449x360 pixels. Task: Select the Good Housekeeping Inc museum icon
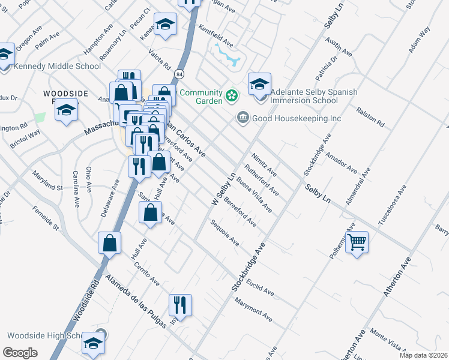tap(243, 118)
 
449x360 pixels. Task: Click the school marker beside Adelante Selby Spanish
tap(259, 85)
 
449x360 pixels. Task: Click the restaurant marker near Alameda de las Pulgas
tap(180, 305)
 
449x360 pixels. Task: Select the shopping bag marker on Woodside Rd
tap(109, 243)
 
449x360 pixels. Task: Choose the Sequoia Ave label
tap(225, 233)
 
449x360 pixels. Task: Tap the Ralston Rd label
tap(369, 118)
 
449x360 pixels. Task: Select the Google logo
tap(20, 352)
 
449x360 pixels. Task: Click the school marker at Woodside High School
tap(93, 344)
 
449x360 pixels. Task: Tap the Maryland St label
tap(47, 184)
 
